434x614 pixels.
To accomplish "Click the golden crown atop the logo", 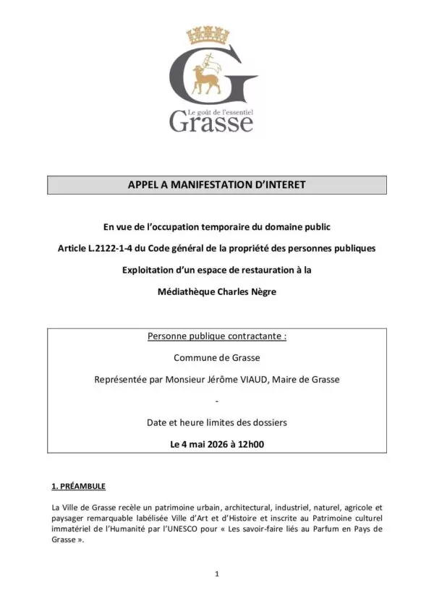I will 208,35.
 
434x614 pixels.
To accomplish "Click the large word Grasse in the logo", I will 211,121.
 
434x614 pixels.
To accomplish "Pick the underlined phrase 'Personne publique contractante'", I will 216,336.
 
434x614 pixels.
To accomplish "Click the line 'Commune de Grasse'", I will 217,357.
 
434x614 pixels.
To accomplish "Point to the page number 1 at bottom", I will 216,574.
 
